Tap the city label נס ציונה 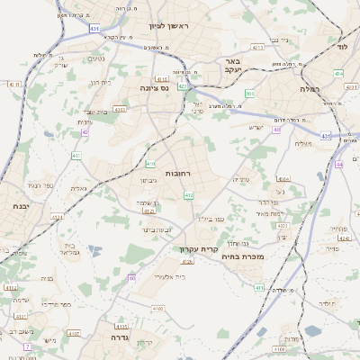[155, 88]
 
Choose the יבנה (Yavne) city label [21, 206]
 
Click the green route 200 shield [250, 94]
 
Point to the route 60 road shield [131, 278]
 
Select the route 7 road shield [27, 346]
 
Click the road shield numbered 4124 [57, 217]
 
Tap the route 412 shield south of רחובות [188, 194]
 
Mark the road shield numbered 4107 [74, 332]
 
